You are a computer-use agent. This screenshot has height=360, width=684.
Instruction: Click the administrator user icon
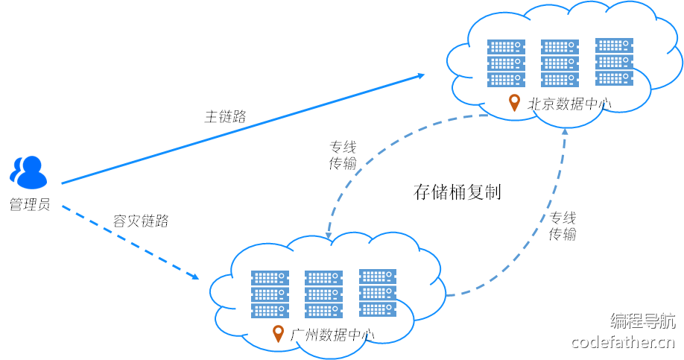pyautogui.click(x=28, y=171)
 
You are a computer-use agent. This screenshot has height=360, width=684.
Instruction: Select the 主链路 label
pyautogui.click(x=225, y=116)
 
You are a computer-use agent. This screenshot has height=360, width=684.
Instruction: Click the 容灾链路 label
pyautogui.click(x=141, y=221)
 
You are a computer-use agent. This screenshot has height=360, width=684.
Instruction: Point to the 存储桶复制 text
pyautogui.click(x=457, y=192)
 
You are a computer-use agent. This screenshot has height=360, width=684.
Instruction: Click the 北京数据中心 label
pyautogui.click(x=569, y=104)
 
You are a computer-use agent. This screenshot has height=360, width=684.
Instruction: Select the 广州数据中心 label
pyautogui.click(x=332, y=335)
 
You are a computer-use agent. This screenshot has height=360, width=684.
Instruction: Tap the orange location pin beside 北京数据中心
pyautogui.click(x=514, y=103)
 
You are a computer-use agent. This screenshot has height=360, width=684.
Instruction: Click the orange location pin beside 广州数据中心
pyautogui.click(x=279, y=333)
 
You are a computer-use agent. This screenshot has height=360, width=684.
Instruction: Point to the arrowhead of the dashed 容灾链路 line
pyautogui.click(x=195, y=277)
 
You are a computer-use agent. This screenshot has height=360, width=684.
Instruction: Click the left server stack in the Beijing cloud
pyautogui.click(x=506, y=63)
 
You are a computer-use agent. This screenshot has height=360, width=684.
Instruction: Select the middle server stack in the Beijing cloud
pyautogui.click(x=560, y=63)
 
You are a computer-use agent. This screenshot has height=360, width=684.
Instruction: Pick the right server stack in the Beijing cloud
pyautogui.click(x=614, y=63)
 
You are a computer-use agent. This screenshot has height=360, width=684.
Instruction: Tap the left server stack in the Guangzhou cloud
pyautogui.click(x=270, y=294)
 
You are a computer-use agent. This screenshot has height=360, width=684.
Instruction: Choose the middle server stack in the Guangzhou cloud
pyautogui.click(x=323, y=294)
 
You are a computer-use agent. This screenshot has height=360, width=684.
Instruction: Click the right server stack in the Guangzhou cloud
pyautogui.click(x=378, y=293)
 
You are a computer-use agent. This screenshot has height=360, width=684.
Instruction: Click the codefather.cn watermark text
pyautogui.click(x=623, y=342)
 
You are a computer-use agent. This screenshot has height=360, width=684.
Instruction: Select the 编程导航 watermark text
pyautogui.click(x=643, y=321)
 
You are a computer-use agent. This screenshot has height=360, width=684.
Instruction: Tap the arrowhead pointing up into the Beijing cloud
pyautogui.click(x=565, y=132)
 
